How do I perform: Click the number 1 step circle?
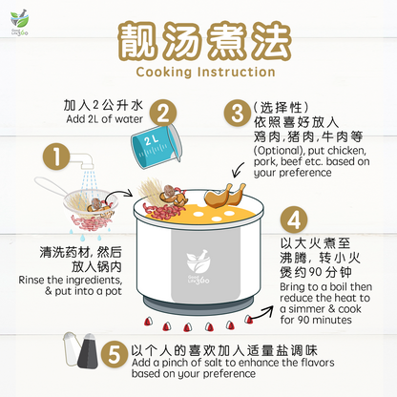click(59, 157)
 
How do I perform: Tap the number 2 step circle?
click(163, 114)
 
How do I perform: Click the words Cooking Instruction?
click(198, 72)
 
